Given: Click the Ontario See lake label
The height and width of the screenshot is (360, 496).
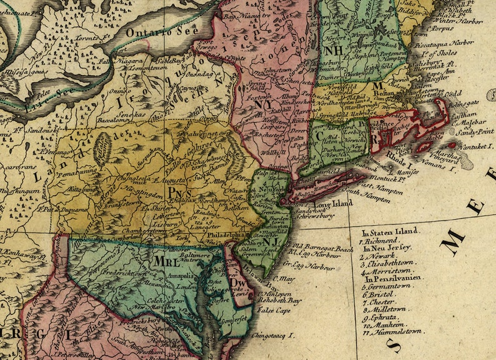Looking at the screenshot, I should (x=161, y=31).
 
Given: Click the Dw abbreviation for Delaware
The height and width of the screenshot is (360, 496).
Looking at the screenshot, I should (x=237, y=282).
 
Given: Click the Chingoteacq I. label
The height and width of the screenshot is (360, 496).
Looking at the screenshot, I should (x=271, y=336).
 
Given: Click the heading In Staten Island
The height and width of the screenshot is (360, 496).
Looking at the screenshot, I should (x=390, y=231).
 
